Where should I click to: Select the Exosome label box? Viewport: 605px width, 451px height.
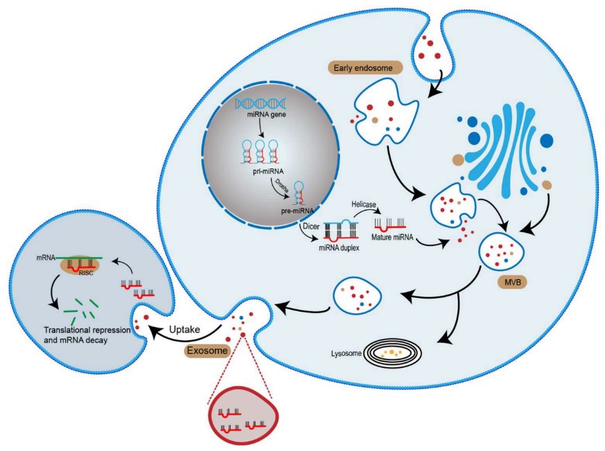click(x=207, y=351)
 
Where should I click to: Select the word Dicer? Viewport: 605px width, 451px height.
click(x=308, y=226)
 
